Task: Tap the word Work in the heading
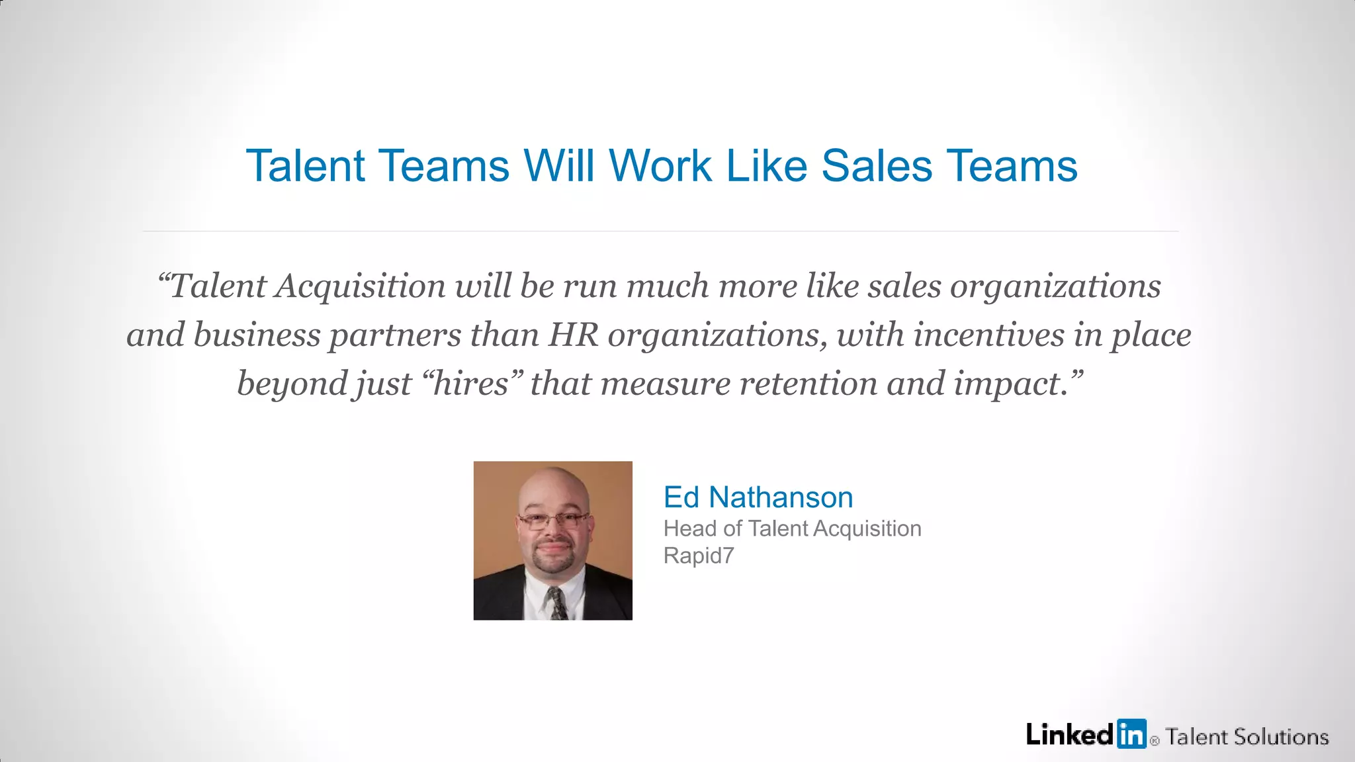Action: point(660,165)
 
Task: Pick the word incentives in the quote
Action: point(988,335)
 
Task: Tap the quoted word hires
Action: point(470,384)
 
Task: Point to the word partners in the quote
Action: point(394,335)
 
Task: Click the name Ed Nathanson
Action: point(758,497)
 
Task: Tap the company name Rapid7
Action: point(699,556)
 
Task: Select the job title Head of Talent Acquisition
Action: point(792,529)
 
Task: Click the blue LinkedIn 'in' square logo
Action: point(1131,734)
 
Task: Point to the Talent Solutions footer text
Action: point(1246,737)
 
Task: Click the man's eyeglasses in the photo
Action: point(553,520)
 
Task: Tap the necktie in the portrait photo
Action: point(557,603)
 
